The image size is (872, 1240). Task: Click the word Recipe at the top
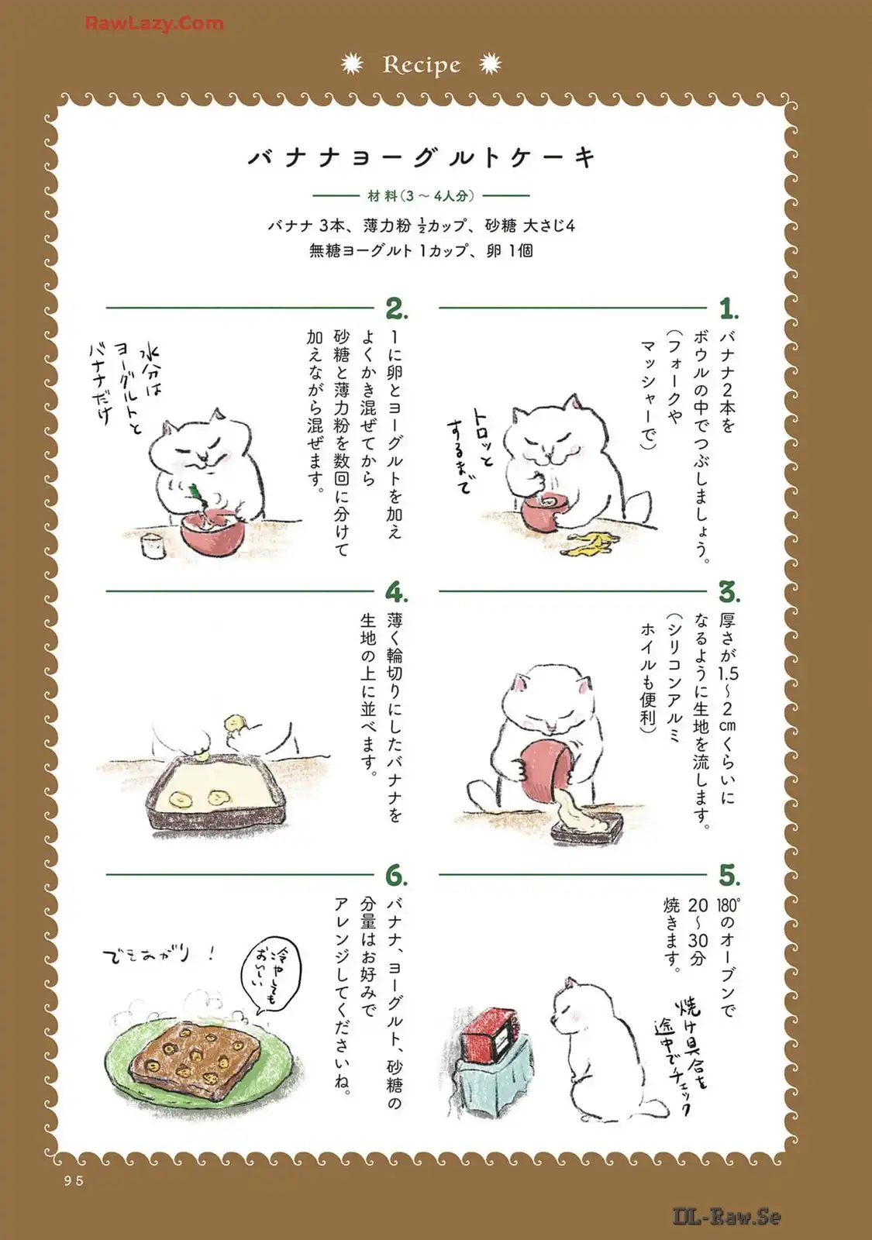tap(422, 65)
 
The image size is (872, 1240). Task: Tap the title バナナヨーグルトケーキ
tap(422, 158)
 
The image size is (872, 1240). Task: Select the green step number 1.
tap(729, 309)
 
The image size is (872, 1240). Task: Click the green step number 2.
tap(396, 309)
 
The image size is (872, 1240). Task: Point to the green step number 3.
tap(729, 592)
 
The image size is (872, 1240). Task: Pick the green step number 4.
tap(396, 592)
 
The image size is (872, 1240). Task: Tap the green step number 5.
tap(729, 876)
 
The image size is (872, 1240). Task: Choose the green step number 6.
tap(396, 876)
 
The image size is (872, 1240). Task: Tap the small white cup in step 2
tap(153, 546)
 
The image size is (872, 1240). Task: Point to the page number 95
tap(73, 1181)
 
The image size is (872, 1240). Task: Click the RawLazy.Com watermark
tap(154, 23)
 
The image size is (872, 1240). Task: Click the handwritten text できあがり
tap(160, 954)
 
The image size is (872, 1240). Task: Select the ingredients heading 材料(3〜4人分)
tap(422, 195)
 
